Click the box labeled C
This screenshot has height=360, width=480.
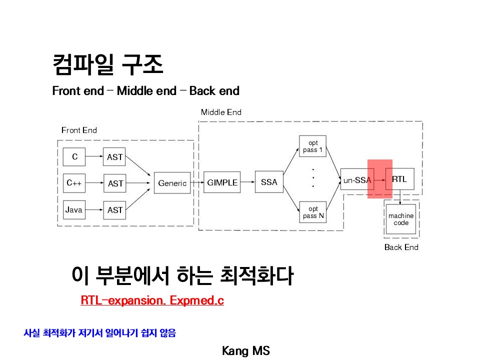74,157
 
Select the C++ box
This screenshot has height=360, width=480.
74,183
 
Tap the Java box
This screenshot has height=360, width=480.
74,210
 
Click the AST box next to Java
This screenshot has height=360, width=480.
115,210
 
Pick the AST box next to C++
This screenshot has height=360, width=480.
115,183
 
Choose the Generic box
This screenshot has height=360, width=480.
172,183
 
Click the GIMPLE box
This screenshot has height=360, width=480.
222,182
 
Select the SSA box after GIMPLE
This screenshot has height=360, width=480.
269,182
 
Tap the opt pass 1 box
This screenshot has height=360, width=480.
313,146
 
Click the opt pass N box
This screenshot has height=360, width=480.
313,212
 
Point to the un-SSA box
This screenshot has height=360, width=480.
356,180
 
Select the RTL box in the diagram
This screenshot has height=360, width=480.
399,179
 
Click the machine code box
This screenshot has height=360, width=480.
400,219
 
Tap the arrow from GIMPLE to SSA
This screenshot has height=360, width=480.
247,182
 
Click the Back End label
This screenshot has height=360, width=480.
401,247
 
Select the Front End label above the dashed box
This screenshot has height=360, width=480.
79,130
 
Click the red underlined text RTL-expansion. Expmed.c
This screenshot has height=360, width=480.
152,300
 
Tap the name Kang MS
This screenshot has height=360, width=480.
246,351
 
